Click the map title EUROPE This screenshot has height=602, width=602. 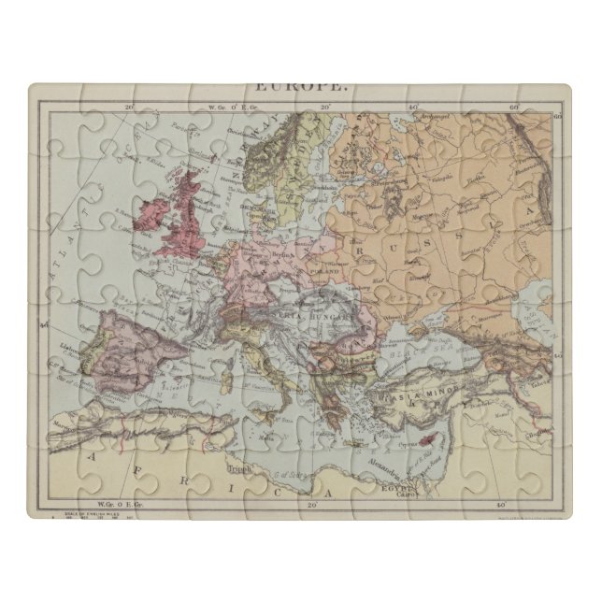(x=300, y=87)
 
